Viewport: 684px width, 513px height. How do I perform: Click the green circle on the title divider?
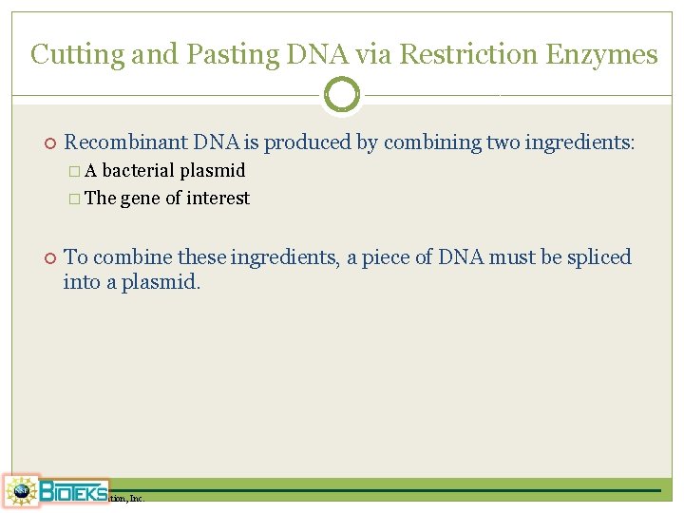pyautogui.click(x=342, y=95)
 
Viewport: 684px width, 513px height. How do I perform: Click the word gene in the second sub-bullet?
pyautogui.click(x=140, y=199)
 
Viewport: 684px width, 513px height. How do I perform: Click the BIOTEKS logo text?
pyautogui.click(x=72, y=491)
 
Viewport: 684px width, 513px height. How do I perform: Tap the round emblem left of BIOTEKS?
pyautogui.click(x=21, y=491)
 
